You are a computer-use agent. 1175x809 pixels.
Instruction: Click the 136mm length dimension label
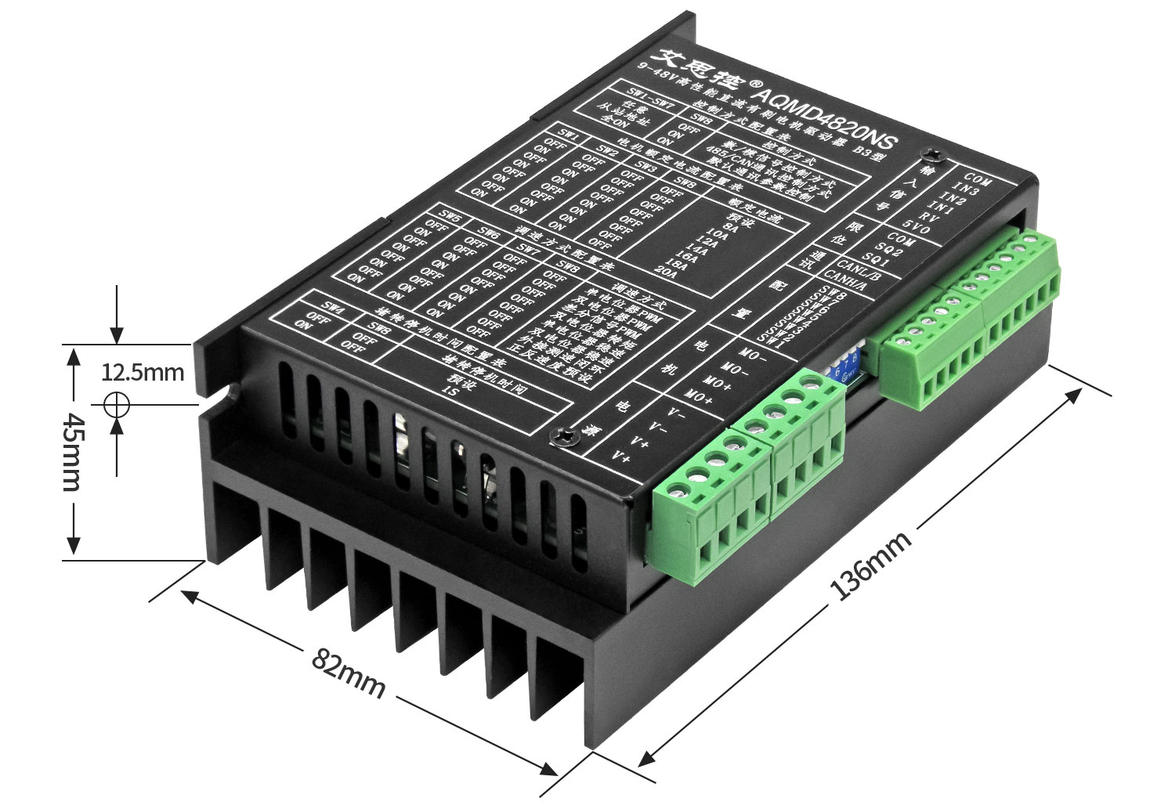[x=871, y=565]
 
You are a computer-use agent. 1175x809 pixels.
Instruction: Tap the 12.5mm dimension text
[x=143, y=371]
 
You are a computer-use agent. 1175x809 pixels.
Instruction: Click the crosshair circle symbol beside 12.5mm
[x=117, y=405]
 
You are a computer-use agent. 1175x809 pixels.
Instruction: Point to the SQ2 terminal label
[x=889, y=249]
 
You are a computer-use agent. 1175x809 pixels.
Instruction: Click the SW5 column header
[x=450, y=215]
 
